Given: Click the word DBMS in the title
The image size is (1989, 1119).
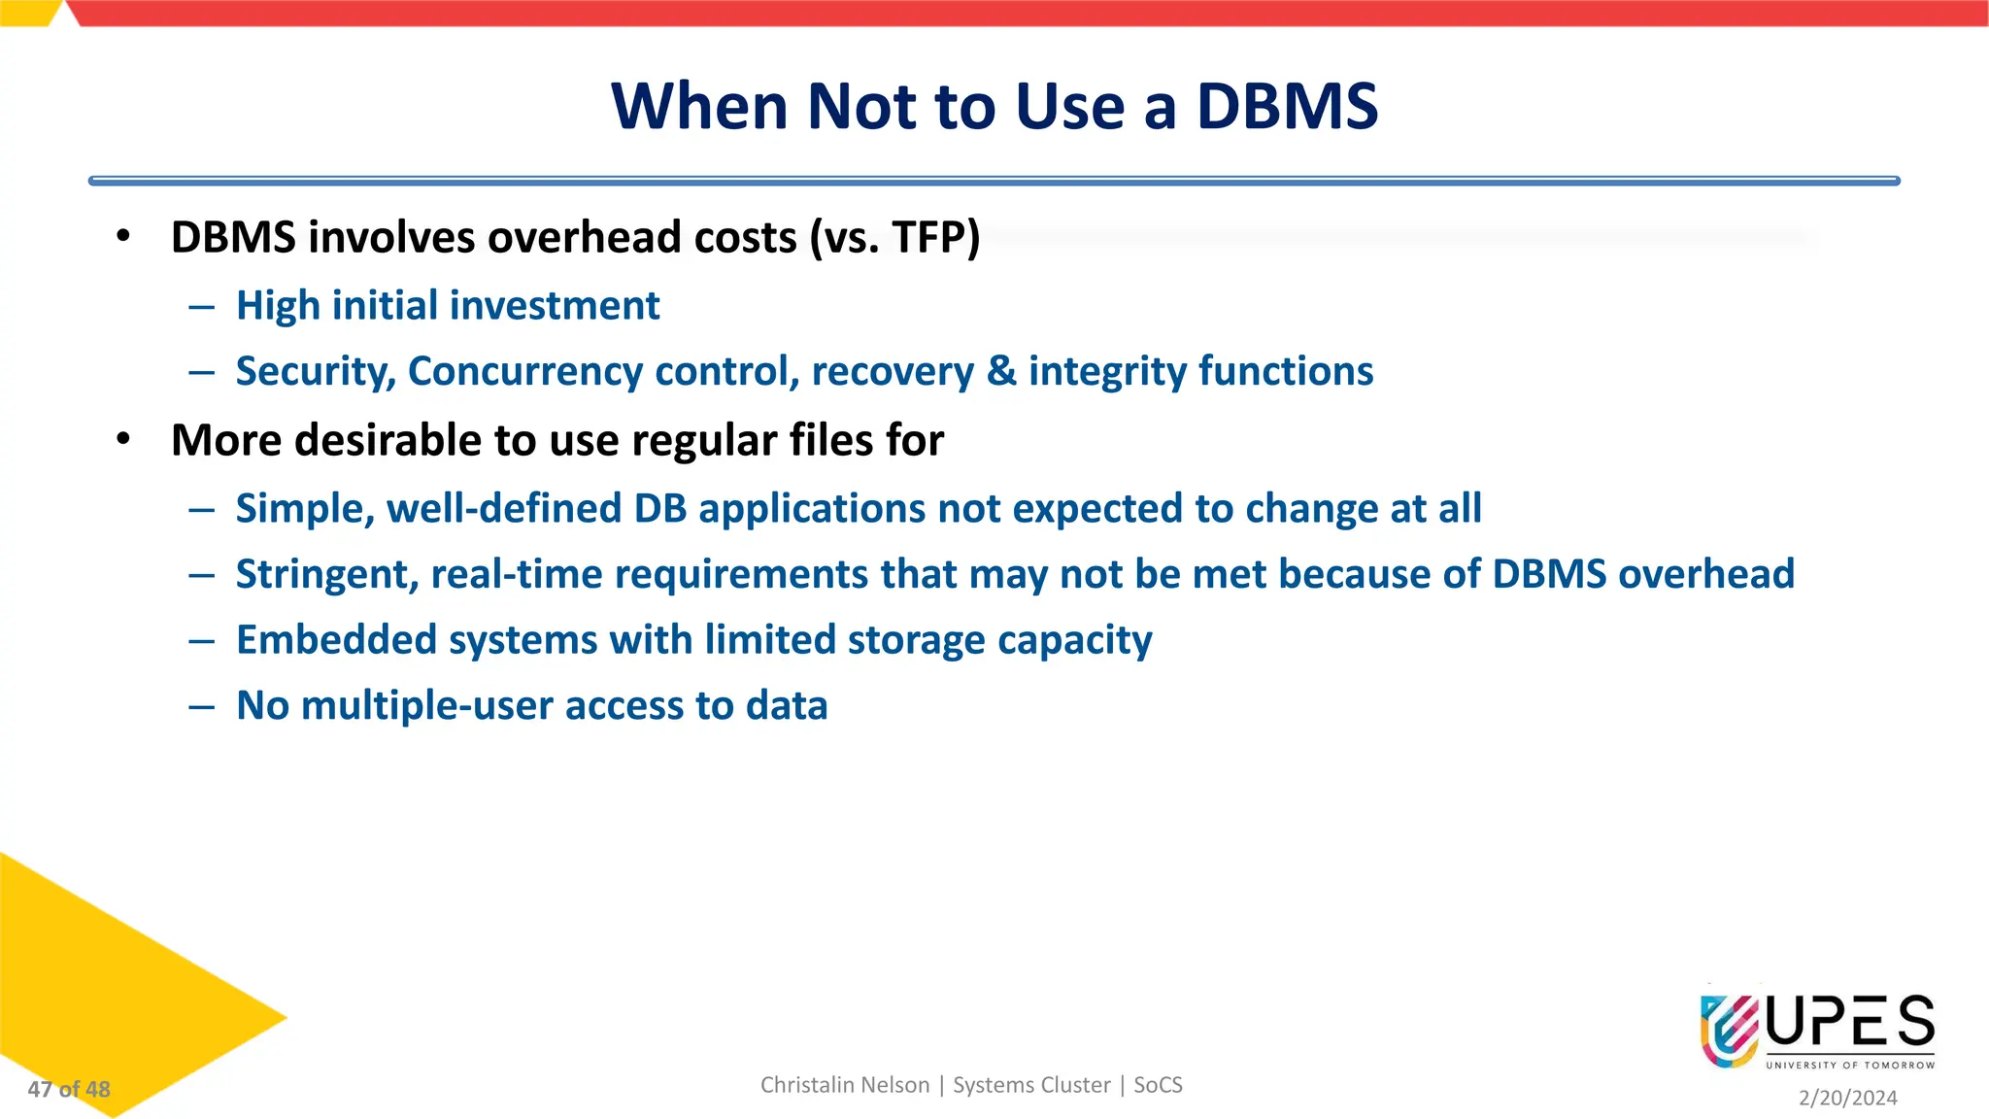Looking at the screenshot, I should (1287, 106).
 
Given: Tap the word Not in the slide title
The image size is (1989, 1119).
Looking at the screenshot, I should (862, 106).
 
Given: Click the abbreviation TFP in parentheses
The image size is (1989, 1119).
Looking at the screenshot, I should (929, 238).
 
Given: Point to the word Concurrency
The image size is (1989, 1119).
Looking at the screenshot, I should (524, 372).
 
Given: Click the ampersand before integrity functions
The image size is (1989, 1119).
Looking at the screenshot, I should (1000, 371).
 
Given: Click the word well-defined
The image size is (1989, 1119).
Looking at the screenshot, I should (504, 509).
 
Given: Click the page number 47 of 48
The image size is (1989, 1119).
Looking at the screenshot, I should (69, 1090).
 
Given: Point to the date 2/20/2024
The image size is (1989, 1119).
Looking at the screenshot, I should (1847, 1098).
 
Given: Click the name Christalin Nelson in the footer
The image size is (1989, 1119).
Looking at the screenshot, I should (844, 1085).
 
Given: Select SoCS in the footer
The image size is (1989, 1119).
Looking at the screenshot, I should (1158, 1085).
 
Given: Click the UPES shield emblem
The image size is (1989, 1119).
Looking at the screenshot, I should (1729, 1030).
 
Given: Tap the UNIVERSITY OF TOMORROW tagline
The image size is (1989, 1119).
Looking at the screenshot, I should (1850, 1066).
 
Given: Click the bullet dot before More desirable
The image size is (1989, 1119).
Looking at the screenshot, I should (122, 440).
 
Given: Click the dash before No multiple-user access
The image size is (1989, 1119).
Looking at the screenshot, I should (202, 707).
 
